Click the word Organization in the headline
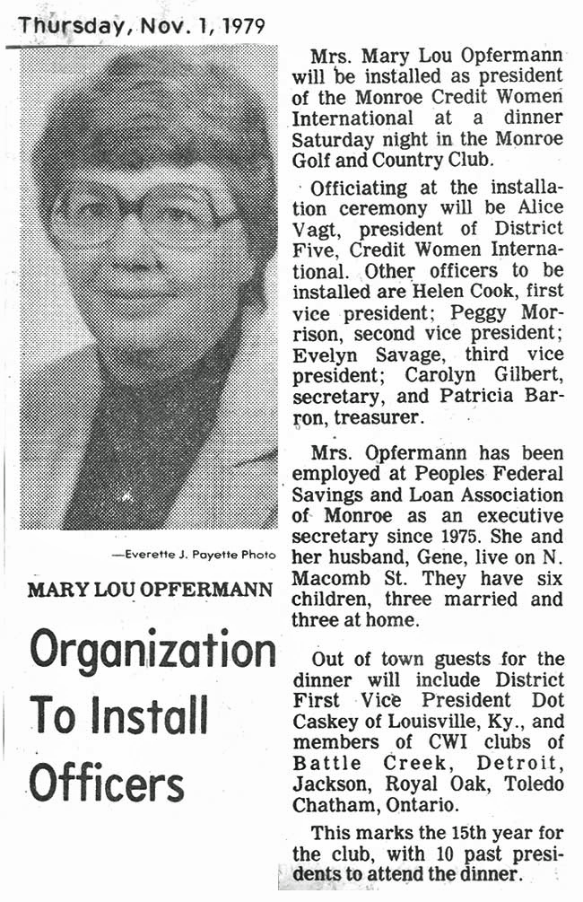[152, 650]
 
